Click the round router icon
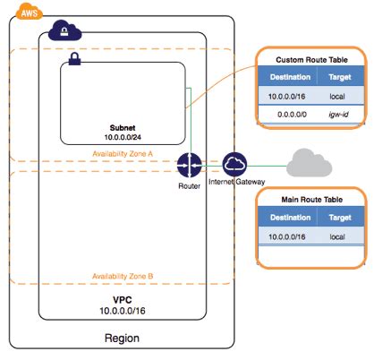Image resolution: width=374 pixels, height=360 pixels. click(190, 165)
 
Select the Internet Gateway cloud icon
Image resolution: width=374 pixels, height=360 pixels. click(235, 165)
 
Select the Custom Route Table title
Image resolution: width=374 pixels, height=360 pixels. click(310, 58)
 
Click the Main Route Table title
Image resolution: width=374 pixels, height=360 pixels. click(310, 199)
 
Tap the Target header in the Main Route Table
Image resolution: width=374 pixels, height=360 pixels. click(340, 217)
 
